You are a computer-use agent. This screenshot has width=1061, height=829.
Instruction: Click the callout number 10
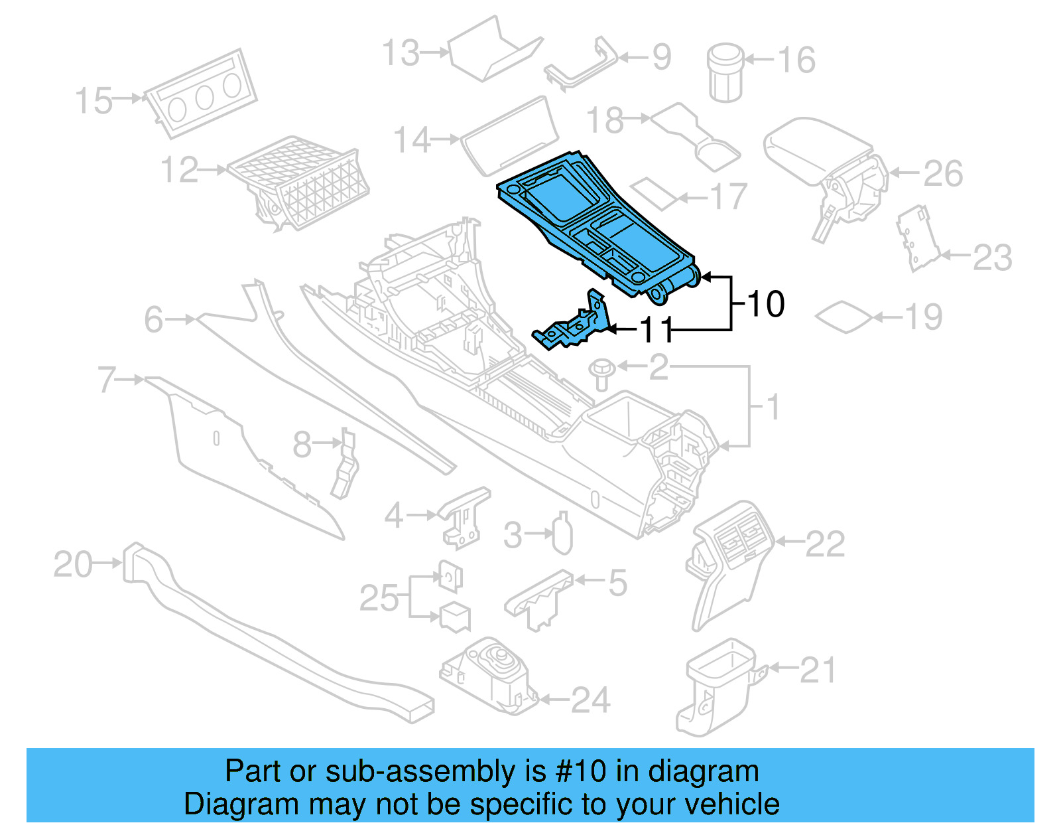tap(766, 305)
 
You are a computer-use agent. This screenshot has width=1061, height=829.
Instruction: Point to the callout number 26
tap(943, 174)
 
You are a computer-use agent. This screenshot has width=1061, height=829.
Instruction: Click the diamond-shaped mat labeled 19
tap(843, 317)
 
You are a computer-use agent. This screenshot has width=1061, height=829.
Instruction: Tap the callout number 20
tap(73, 565)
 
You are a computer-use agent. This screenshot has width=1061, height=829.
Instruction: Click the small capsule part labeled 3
tap(562, 534)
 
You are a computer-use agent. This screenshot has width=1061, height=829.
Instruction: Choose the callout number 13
tap(401, 53)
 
